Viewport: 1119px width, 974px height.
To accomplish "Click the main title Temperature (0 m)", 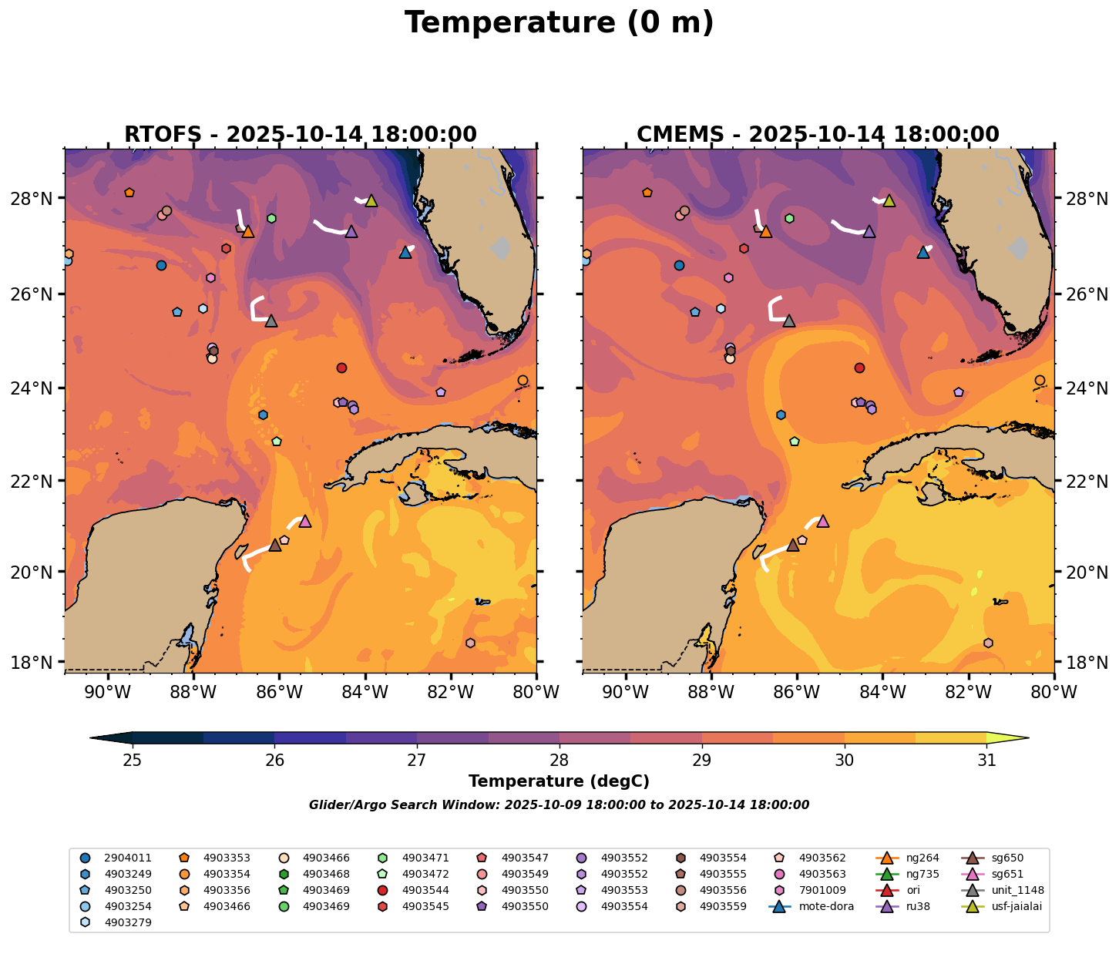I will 559,23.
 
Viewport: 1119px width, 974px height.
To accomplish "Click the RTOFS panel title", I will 301,135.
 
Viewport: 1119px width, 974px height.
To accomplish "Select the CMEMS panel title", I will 818,135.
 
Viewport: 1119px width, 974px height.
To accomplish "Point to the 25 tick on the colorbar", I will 133,761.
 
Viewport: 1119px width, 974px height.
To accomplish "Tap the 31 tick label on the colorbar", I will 986,761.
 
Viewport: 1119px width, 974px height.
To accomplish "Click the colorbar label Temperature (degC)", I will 559,781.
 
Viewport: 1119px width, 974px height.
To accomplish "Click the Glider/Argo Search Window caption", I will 559,805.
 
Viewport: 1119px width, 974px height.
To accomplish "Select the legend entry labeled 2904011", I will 127,858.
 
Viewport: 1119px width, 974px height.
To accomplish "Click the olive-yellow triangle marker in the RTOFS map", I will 371,201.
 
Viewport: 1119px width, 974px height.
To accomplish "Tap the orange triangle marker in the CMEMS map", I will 765,231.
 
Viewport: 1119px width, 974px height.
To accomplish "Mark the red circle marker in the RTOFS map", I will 341,368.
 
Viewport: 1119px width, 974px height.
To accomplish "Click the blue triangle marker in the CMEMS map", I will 922,252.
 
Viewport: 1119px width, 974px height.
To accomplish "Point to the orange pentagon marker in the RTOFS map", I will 129,193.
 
